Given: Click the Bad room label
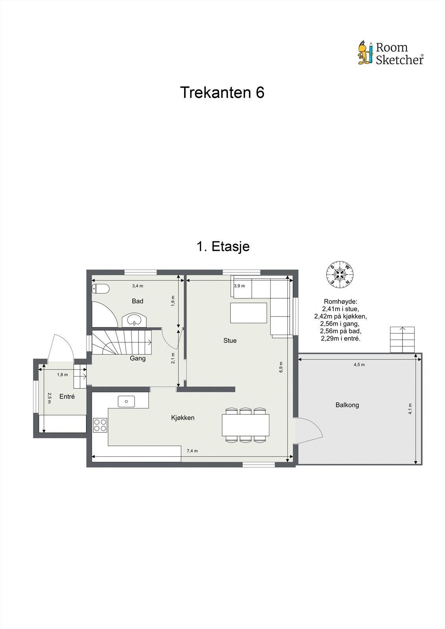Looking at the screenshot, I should [x=137, y=301].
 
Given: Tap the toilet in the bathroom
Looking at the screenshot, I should [x=101, y=289].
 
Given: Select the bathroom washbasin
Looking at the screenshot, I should [x=134, y=320].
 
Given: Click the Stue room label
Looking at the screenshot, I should [x=230, y=340].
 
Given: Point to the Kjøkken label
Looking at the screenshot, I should [x=183, y=417].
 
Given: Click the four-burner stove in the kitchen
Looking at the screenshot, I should [x=100, y=425].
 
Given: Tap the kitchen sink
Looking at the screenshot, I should [x=126, y=401].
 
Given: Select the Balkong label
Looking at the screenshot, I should [x=347, y=405].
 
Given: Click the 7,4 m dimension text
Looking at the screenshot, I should [x=192, y=451].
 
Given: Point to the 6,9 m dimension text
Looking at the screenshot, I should [x=281, y=367].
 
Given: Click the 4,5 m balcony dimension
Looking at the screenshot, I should [x=359, y=364].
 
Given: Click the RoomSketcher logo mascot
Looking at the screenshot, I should [x=365, y=53].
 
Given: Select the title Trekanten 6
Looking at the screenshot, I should [x=222, y=92].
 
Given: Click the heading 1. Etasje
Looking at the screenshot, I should [x=223, y=246].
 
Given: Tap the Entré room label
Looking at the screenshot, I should [x=67, y=397].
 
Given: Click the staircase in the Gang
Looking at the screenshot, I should [x=122, y=342].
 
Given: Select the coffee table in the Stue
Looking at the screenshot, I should [x=249, y=313].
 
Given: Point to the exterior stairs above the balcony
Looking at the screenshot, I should [x=402, y=340].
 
